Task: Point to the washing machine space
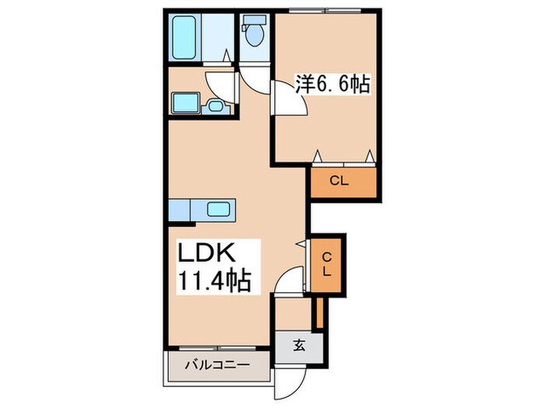(x=185, y=103)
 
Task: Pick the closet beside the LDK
(x=327, y=265)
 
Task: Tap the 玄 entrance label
(x=299, y=347)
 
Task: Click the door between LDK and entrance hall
(x=290, y=279)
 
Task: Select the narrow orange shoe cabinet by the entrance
(x=318, y=310)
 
